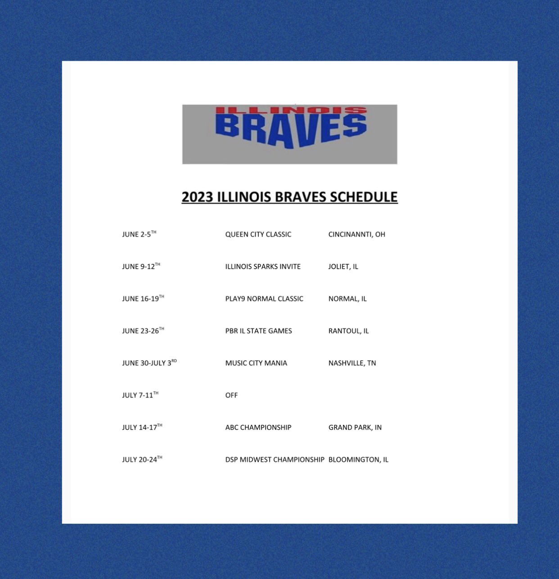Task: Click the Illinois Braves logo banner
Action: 289,134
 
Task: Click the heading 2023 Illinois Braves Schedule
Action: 289,197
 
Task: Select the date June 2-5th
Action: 139,234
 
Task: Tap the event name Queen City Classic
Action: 258,234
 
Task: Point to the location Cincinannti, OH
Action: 356,234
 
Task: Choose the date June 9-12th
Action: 141,267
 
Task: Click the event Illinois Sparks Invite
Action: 263,267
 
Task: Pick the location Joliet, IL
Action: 343,267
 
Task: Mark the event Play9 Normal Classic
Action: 264,298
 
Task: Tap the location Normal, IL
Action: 347,298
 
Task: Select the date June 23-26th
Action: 143,331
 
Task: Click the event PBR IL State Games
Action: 258,331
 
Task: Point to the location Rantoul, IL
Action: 348,331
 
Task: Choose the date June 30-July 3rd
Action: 149,363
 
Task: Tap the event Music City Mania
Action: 256,363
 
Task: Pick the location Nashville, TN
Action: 352,363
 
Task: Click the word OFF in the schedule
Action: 231,395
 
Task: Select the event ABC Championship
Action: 258,428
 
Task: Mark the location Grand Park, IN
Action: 355,428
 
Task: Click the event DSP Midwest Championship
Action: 275,459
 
